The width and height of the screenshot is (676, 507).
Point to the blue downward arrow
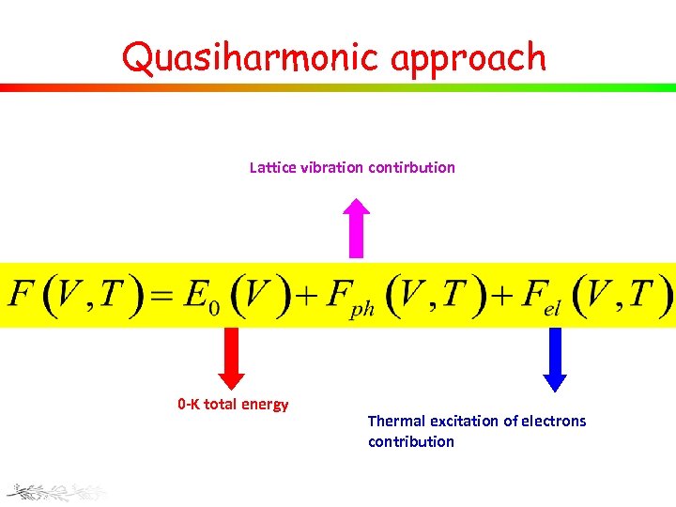point(555,358)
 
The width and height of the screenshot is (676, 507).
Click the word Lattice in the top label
point(273,168)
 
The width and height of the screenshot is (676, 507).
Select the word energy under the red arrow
point(266,406)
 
